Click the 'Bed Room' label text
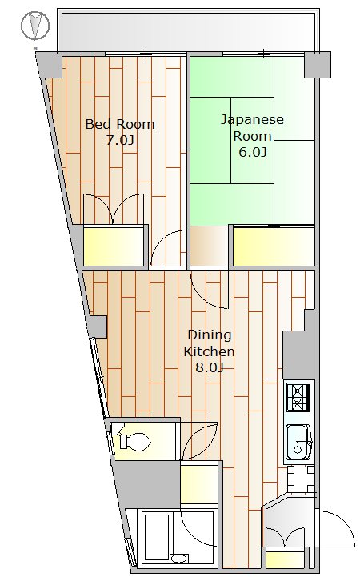click(x=119, y=125)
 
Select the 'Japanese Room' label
click(x=252, y=128)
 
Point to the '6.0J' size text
click(x=253, y=151)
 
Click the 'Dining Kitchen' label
click(x=210, y=343)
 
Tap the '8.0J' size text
click(x=210, y=367)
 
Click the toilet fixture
click(x=131, y=441)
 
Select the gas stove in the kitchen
click(x=300, y=395)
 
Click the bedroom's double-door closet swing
click(x=114, y=210)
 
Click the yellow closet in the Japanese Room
click(x=273, y=246)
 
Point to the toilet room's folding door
click(x=198, y=441)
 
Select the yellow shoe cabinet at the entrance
click(x=285, y=559)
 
